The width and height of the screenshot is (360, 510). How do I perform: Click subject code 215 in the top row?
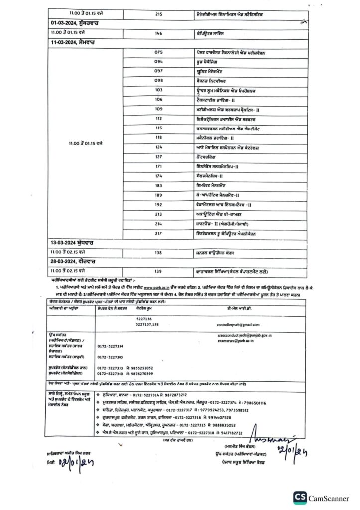(x=159, y=14)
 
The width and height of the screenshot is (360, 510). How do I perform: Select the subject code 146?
(x=159, y=33)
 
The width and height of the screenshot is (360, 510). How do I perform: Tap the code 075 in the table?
(x=159, y=52)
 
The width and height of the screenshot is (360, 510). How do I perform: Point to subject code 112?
(x=159, y=119)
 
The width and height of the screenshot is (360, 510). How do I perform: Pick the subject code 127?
(x=159, y=157)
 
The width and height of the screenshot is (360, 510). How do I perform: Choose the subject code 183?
(x=159, y=185)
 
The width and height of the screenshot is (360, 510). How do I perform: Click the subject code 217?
(x=159, y=234)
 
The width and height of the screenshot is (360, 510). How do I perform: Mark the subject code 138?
(x=159, y=253)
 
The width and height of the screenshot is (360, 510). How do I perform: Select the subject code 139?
(x=159, y=271)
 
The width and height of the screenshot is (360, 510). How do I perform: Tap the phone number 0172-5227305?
(x=110, y=357)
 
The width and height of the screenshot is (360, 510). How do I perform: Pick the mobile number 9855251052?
(x=143, y=368)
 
